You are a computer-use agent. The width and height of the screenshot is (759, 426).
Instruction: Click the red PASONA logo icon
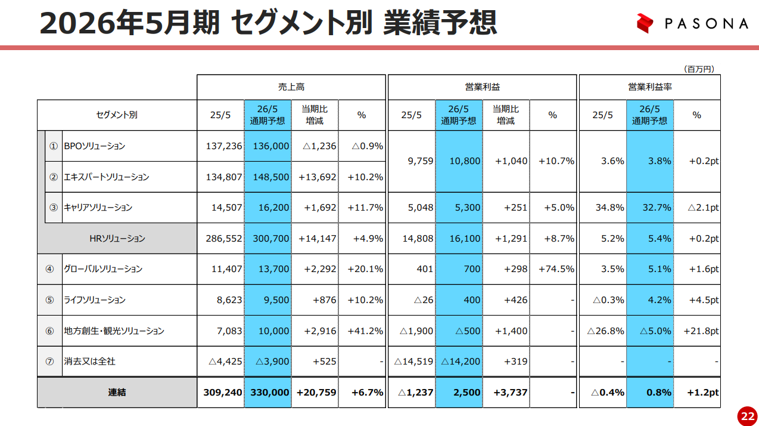[645, 23]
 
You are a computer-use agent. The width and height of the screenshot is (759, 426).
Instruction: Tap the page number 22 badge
[747, 416]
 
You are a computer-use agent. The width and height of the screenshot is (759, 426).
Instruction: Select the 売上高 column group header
[291, 87]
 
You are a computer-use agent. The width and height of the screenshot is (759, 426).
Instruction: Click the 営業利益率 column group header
[649, 87]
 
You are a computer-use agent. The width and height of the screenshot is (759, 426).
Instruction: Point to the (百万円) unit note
[698, 69]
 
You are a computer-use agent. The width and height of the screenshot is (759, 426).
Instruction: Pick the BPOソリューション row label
[94, 146]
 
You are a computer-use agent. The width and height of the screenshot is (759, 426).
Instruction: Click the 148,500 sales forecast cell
[267, 177]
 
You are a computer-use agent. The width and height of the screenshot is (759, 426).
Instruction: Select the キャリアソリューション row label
[98, 208]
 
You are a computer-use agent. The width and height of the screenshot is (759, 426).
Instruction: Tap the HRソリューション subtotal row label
[117, 239]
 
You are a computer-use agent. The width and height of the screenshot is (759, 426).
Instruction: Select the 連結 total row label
[117, 393]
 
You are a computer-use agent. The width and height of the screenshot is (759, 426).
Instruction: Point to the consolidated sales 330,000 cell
[267, 393]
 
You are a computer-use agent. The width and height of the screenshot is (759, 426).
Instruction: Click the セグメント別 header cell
[117, 115]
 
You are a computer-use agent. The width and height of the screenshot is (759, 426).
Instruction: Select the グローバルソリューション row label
[103, 269]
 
